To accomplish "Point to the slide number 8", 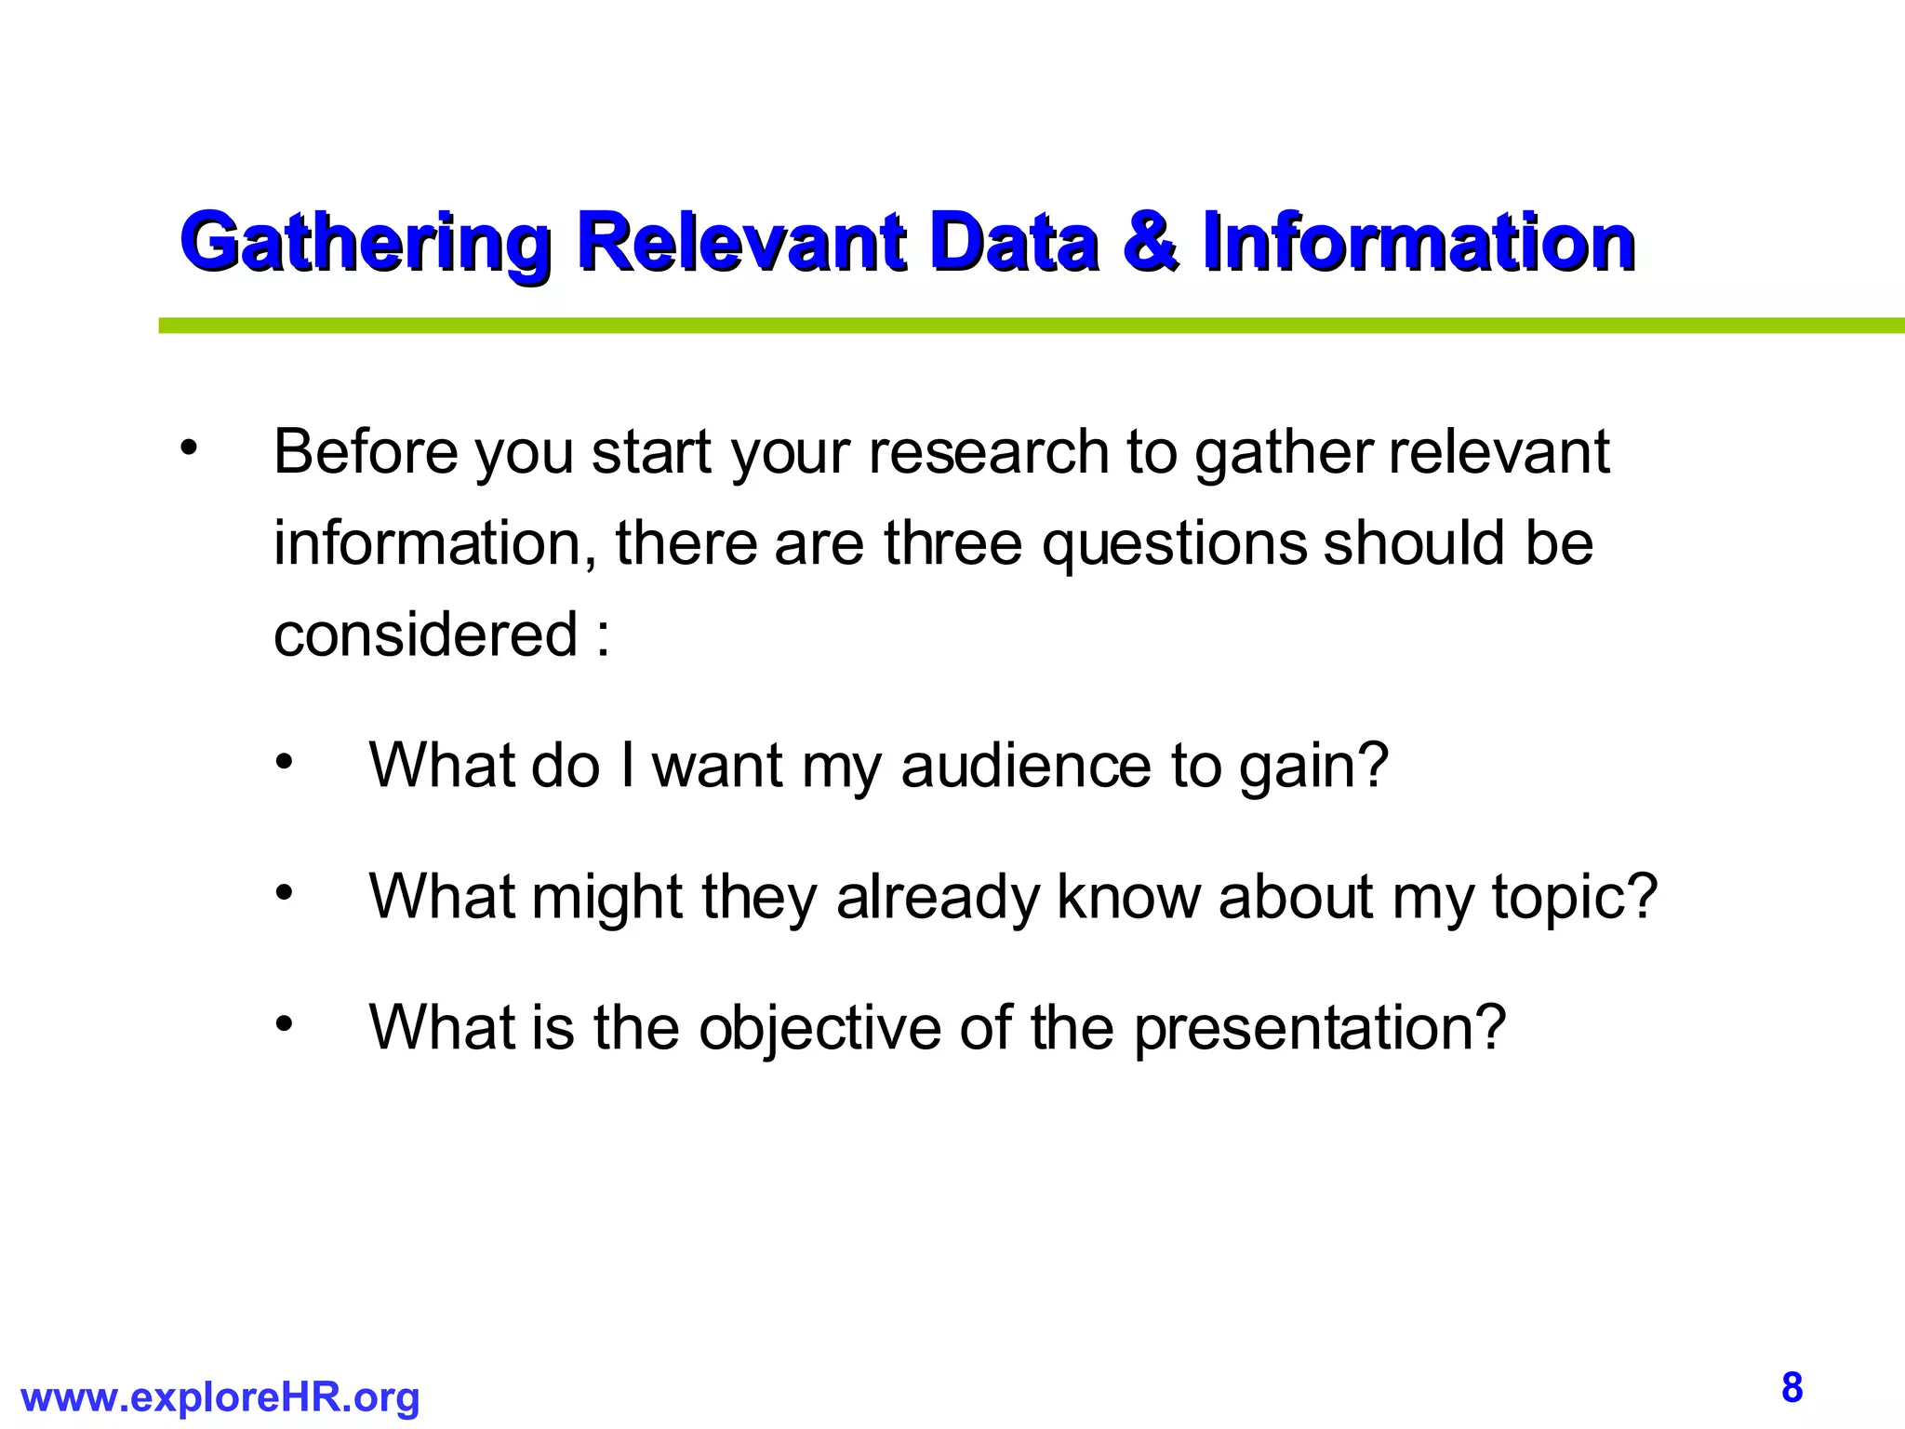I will (1792, 1387).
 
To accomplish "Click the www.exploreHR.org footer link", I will (220, 1397).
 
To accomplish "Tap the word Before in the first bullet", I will (366, 452).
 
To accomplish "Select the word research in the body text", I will (988, 452).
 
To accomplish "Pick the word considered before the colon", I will (426, 634).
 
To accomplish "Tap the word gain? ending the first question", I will (1313, 768).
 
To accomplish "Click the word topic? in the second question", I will (1575, 899).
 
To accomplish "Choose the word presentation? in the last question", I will (1319, 1030).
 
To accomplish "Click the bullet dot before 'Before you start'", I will (190, 447).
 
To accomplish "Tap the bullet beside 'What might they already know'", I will (284, 893).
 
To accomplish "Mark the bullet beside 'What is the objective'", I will (284, 1024).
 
